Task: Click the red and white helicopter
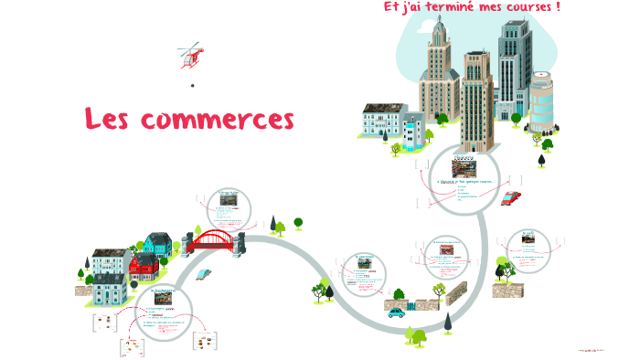coord(191,55)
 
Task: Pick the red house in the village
coord(143,267)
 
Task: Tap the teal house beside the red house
coord(157,244)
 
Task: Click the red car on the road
coord(511,197)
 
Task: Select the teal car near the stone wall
coord(397,312)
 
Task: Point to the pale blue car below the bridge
coord(204,273)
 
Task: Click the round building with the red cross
coord(541,101)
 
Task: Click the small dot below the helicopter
coord(193,86)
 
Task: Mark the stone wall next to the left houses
coord(85,290)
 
